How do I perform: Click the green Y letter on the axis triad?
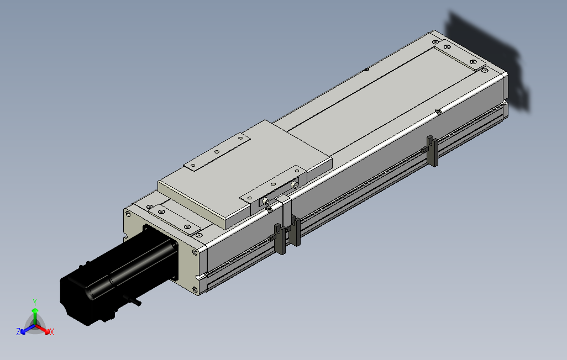[x=35, y=302]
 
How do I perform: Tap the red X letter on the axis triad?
[x=52, y=331]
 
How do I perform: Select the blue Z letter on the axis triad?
[x=18, y=331]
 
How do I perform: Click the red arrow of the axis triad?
[x=43, y=329]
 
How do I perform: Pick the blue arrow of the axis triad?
[x=28, y=329]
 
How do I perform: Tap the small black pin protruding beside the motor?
[x=133, y=300]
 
